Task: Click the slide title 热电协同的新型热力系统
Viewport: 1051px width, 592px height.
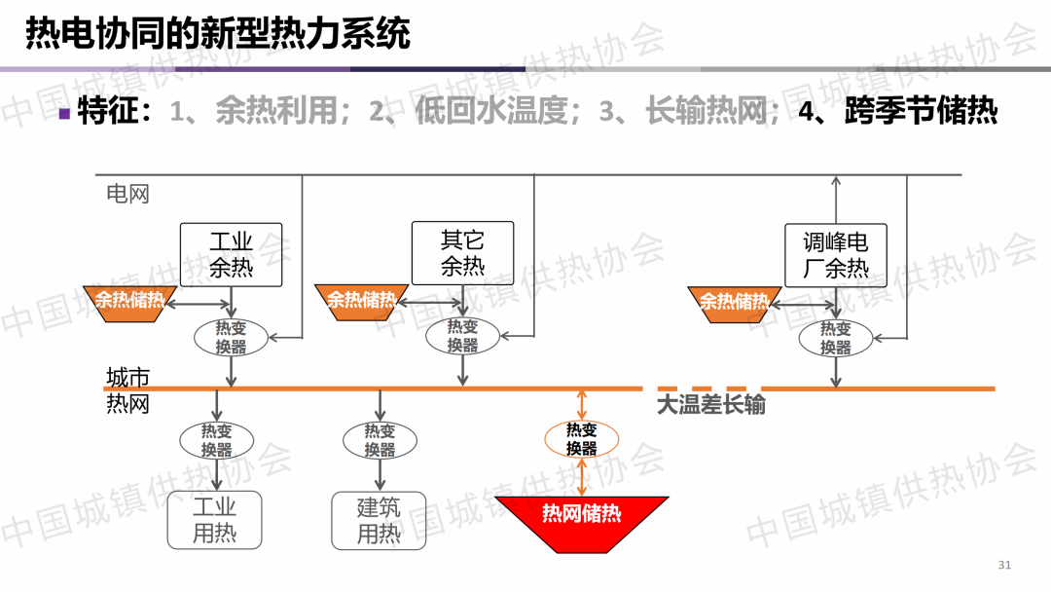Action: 217,34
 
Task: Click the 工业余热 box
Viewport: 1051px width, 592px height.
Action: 231,254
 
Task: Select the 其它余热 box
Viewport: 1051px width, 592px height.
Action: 462,253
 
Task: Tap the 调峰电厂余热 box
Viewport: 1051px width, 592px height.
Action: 835,255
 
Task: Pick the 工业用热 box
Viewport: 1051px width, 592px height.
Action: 214,520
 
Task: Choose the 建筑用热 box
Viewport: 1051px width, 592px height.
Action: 379,520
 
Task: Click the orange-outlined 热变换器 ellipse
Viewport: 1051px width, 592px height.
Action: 581,439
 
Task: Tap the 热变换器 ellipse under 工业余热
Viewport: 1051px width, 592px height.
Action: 231,337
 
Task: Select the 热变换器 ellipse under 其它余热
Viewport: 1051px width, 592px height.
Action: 462,337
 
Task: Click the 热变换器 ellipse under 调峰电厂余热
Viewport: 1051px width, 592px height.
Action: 835,338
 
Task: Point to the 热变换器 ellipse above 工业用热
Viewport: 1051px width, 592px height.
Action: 216,440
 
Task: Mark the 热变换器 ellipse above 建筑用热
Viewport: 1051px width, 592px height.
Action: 380,440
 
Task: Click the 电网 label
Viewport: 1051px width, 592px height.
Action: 127,193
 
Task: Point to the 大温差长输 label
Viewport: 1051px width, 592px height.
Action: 710,404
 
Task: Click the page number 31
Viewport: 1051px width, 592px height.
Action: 1005,566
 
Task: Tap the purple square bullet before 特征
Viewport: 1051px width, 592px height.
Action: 64,113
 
